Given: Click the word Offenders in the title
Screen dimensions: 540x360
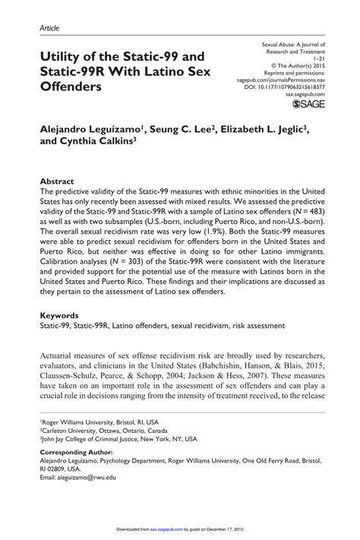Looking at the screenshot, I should pyautogui.click(x=75, y=87).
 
